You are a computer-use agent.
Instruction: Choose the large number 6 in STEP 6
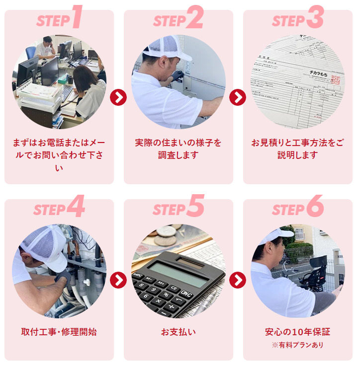point(315,206)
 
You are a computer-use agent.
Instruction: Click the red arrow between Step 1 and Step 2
point(118,97)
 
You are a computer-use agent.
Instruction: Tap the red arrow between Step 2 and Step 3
point(238,97)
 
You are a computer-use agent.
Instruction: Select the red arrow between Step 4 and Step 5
point(118,280)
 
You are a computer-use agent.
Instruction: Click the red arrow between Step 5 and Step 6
point(238,280)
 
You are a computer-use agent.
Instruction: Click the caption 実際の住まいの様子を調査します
point(178,148)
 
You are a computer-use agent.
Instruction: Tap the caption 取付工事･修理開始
point(59,332)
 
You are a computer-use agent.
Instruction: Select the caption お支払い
point(178,332)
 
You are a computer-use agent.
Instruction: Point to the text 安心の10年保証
point(297,332)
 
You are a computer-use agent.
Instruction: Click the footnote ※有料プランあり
point(297,345)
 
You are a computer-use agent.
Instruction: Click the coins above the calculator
point(166,236)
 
